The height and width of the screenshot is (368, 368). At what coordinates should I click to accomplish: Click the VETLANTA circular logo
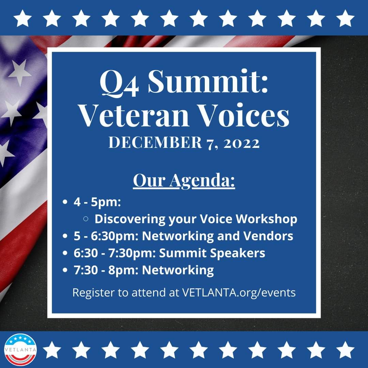click(x=19, y=349)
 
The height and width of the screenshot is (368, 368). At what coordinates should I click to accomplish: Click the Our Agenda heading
click(x=184, y=181)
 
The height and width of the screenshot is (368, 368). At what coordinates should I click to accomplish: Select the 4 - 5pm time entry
click(x=97, y=202)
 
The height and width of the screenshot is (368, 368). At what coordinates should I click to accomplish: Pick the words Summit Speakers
click(x=212, y=253)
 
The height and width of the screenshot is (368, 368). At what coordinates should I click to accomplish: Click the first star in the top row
click(x=23, y=18)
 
